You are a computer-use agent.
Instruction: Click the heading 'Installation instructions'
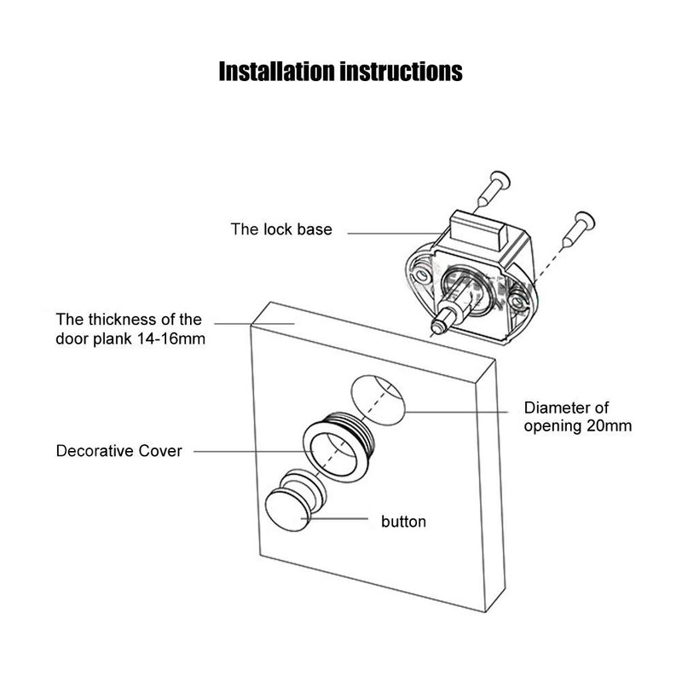pos(340,72)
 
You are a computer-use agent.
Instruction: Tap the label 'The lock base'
pos(281,229)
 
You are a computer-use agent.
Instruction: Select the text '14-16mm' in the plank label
pos(171,338)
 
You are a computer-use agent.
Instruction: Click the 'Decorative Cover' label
pos(118,451)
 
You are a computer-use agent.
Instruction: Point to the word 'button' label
pos(403,522)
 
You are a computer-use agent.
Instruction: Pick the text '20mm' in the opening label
pos(609,425)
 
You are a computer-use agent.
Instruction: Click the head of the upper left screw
pos(500,180)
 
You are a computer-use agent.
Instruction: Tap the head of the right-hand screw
pos(585,221)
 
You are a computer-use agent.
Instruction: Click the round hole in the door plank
pos(378,400)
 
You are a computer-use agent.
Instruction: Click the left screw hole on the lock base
pos(420,275)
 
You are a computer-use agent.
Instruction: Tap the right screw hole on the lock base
pos(517,302)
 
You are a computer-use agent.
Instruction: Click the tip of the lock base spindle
pos(436,327)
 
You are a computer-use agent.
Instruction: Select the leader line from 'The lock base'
pos(395,234)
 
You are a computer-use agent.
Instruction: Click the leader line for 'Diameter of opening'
pos(456,412)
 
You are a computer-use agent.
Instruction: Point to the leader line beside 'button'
pos(335,518)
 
